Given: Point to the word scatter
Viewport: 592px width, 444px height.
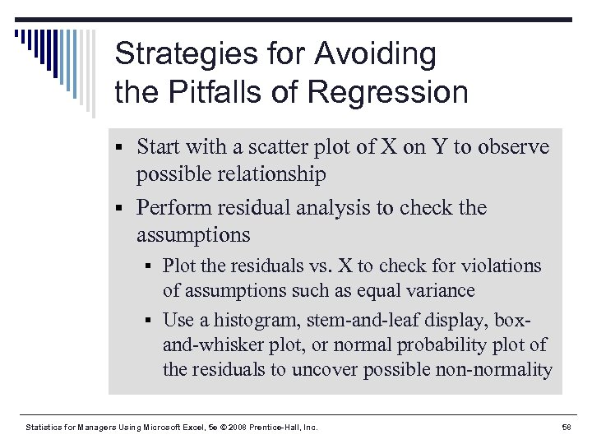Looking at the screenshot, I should tap(257, 147).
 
